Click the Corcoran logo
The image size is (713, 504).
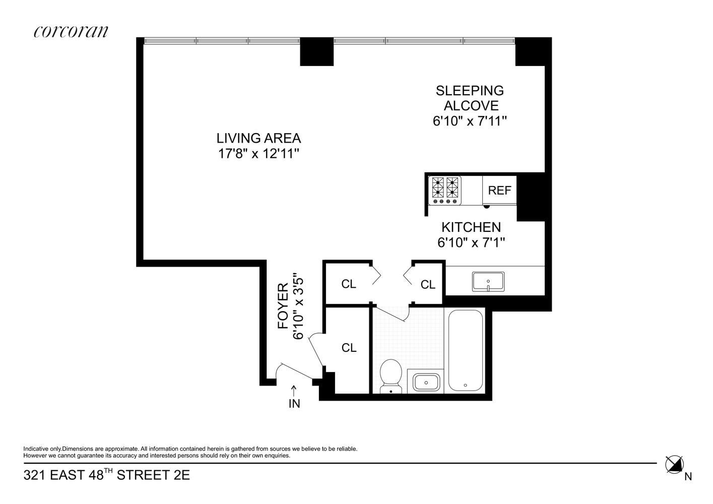point(71,31)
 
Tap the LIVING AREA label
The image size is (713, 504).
point(258,138)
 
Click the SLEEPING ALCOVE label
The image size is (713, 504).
point(470,98)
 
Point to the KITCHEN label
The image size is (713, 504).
point(471,227)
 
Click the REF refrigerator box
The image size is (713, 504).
point(499,191)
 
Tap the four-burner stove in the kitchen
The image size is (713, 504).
point(445,190)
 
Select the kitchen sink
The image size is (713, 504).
point(488,281)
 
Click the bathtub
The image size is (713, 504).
point(466,351)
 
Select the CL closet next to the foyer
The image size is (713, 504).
point(349,348)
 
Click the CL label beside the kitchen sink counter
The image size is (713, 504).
point(428,285)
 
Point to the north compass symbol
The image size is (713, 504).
point(674,464)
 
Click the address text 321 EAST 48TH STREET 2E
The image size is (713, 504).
point(107,475)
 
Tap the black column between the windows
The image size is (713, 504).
point(316,51)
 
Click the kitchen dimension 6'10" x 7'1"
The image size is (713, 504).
point(471,243)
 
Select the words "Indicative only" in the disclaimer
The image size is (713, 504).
point(42,449)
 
